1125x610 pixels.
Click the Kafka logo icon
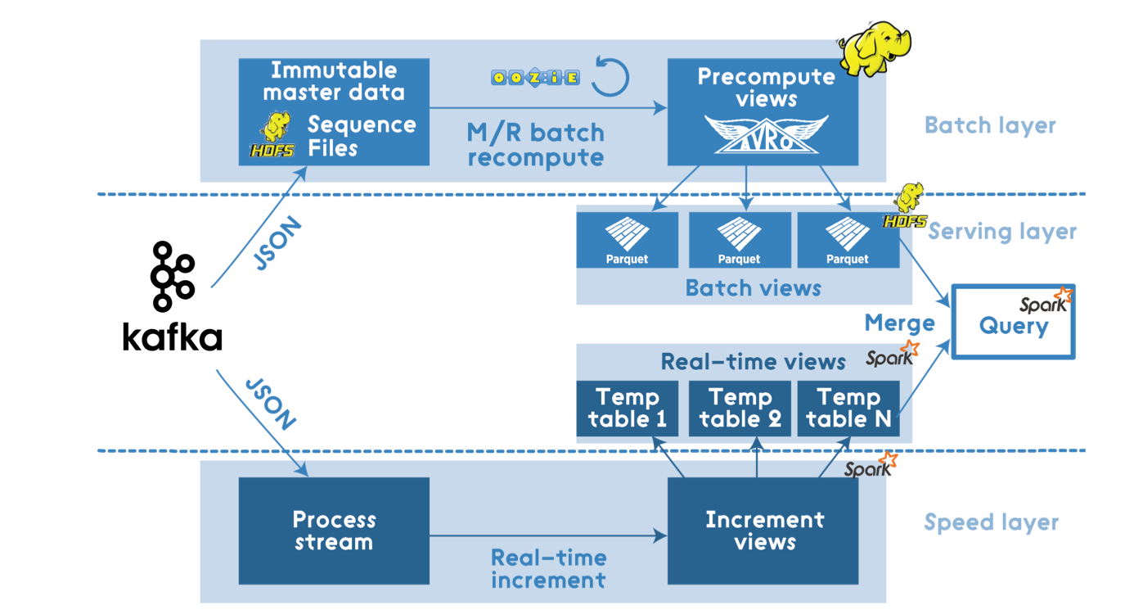[x=173, y=277]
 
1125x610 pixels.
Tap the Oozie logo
[x=535, y=78]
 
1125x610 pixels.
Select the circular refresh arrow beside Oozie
[x=610, y=76]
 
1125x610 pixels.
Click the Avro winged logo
[x=767, y=134]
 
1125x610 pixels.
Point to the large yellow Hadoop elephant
[x=875, y=48]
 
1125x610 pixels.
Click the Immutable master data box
[x=334, y=112]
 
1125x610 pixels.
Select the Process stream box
[x=334, y=531]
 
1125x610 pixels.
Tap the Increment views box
[x=763, y=531]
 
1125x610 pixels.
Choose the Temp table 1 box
[x=628, y=408]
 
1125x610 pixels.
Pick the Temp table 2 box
[x=740, y=408]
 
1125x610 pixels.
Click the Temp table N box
[x=848, y=408]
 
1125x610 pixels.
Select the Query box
[x=1014, y=322]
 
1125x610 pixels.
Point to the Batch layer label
[x=990, y=125]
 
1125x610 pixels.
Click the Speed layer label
[x=992, y=522]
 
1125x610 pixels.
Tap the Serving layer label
[x=1002, y=232]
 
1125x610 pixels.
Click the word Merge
[x=899, y=323]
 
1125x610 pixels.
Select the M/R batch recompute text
[x=536, y=145]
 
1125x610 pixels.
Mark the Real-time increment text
[x=548, y=569]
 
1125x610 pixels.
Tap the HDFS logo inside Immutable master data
[x=272, y=134]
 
